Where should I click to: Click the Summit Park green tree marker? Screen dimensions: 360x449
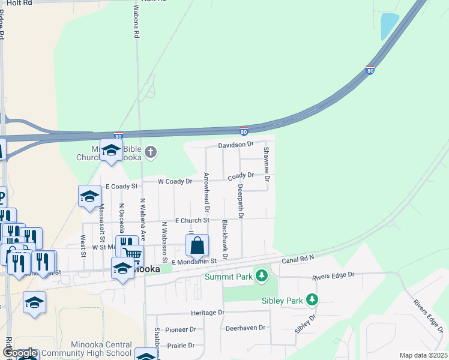click(x=261, y=276)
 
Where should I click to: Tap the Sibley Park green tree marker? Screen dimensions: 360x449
click(x=312, y=299)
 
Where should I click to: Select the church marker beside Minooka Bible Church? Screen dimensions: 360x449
click(x=151, y=153)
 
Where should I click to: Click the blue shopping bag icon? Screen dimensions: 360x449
click(x=197, y=246)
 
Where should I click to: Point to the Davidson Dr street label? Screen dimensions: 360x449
click(x=236, y=145)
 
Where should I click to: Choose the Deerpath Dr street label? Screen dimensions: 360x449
click(x=240, y=200)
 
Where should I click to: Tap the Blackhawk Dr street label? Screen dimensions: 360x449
click(x=224, y=239)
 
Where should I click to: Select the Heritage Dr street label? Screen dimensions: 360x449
click(x=207, y=313)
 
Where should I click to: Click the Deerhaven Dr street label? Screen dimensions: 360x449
click(x=245, y=328)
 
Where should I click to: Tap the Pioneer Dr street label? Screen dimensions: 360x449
click(x=181, y=329)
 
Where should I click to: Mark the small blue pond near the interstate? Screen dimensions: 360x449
click(x=389, y=26)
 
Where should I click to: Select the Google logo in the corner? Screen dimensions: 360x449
click(x=20, y=353)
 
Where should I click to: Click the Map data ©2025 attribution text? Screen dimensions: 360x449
click(x=423, y=355)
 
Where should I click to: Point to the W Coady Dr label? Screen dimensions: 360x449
click(x=175, y=181)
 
